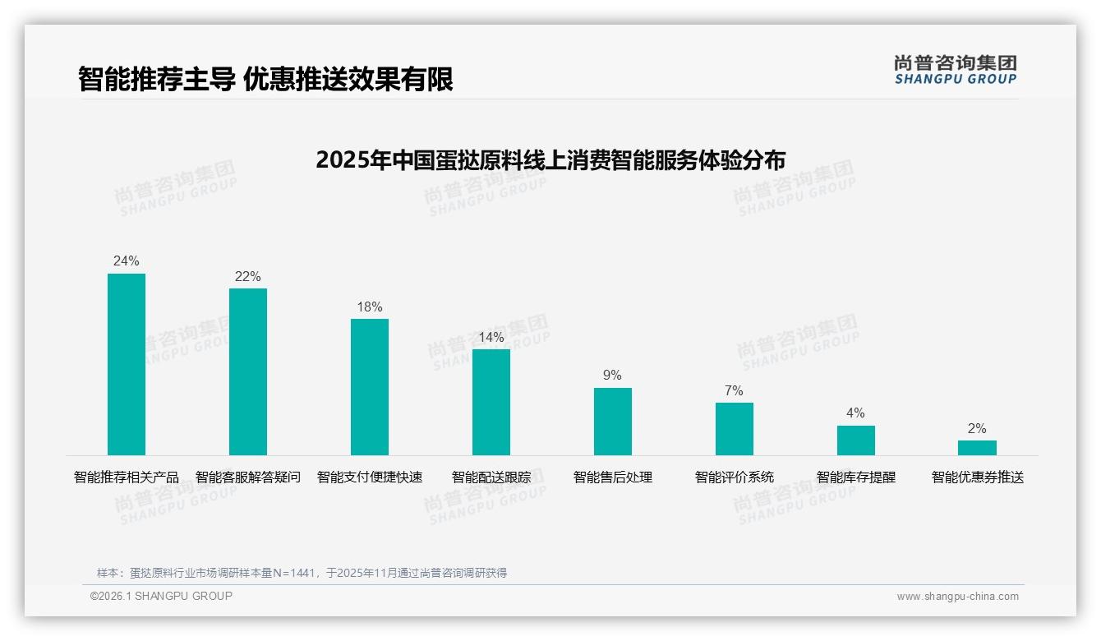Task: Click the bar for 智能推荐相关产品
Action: coord(127,364)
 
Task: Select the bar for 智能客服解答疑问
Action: coord(248,371)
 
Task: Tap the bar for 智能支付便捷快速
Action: coord(370,387)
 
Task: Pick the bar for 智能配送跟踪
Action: coord(491,402)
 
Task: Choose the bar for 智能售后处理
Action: coord(613,422)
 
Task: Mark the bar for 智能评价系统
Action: coord(735,429)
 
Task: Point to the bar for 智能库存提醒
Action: coord(856,440)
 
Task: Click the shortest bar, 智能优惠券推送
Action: coord(977,448)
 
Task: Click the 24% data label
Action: coord(127,261)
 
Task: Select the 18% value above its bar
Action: coord(370,307)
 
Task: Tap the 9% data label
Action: coord(613,375)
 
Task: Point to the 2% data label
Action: coord(977,428)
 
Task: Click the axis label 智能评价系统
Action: coord(735,477)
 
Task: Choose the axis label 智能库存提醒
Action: coord(856,477)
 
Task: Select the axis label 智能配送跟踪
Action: coord(491,477)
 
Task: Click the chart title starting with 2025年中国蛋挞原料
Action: coord(550,159)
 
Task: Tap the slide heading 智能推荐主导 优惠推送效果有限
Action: coord(265,79)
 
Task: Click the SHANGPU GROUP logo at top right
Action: coord(956,69)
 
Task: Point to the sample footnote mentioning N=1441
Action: coord(302,573)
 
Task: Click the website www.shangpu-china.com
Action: coord(957,597)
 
